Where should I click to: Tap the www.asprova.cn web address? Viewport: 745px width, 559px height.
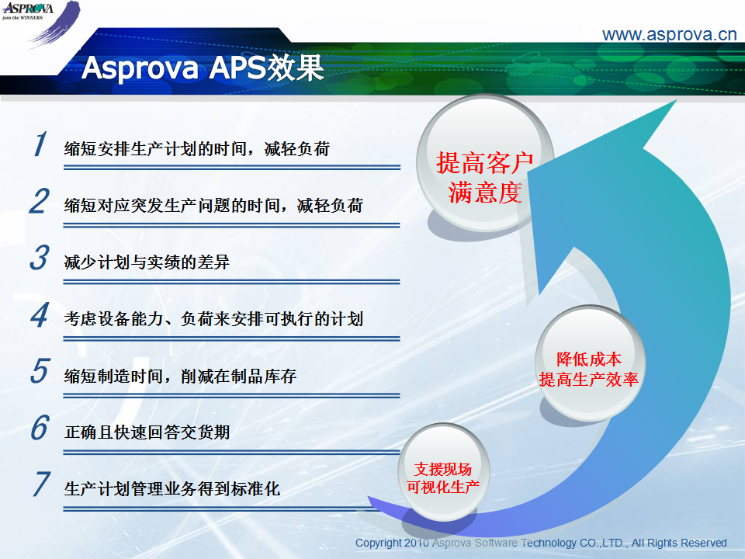(x=669, y=34)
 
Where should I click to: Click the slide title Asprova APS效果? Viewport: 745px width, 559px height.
(x=203, y=68)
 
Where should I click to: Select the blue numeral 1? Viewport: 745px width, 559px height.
(x=40, y=144)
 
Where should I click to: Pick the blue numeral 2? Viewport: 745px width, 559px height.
(x=40, y=200)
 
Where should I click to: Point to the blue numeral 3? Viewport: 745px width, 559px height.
(x=40, y=258)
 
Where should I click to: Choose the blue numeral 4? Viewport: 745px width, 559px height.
(x=40, y=314)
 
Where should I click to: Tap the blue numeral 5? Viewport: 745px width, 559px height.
(x=40, y=371)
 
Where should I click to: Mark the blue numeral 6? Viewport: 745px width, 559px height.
(x=40, y=427)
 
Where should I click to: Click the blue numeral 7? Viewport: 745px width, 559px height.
(x=41, y=484)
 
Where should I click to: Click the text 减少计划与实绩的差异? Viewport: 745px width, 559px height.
(x=147, y=262)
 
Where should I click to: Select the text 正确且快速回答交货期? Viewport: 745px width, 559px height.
(x=147, y=432)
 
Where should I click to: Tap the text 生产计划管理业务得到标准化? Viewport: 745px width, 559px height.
(x=172, y=488)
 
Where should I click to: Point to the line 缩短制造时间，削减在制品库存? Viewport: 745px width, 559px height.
(x=181, y=376)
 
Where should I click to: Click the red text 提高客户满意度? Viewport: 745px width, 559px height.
(x=485, y=177)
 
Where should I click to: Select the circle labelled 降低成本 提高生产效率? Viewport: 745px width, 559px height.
(x=590, y=363)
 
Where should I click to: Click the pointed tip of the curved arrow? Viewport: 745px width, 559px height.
(x=676, y=101)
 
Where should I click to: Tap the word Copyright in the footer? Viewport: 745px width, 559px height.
(x=379, y=543)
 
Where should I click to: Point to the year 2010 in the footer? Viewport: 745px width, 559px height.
(x=417, y=543)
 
